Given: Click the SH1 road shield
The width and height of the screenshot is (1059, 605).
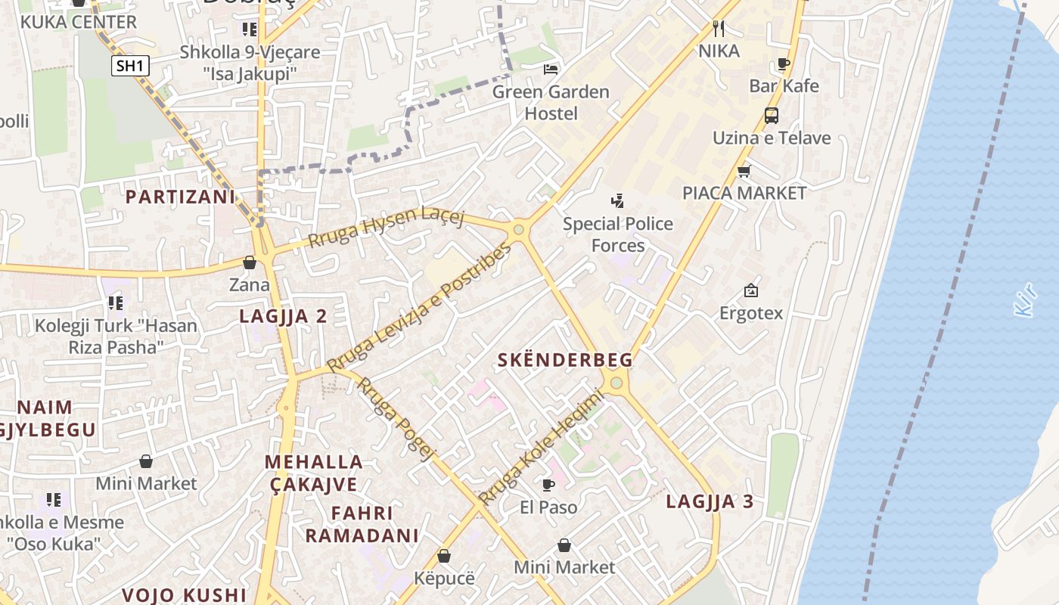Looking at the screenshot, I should [130, 66].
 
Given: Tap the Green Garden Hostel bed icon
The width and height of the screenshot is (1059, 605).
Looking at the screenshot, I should [551, 70].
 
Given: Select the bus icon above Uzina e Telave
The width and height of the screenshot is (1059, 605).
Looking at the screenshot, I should [771, 116].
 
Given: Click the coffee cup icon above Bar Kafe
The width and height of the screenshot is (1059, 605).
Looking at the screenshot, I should [784, 64].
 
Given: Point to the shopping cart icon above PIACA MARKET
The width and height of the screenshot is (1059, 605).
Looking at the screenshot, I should [744, 172].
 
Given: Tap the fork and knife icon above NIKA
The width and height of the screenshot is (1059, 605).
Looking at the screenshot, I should [719, 29].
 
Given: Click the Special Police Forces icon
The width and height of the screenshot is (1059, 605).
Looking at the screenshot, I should [618, 201].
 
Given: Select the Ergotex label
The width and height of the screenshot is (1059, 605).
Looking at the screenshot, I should [750, 312].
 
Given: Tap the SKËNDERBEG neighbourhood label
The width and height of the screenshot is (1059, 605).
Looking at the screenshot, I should [564, 361].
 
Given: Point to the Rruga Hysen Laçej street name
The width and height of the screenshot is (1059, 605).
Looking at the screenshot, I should [386, 226].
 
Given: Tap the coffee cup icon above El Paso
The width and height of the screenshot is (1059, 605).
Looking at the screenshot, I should [548, 485].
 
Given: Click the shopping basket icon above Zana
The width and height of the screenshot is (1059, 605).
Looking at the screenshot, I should [249, 263].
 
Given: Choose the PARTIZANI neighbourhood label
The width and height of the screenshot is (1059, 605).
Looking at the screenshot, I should [180, 197].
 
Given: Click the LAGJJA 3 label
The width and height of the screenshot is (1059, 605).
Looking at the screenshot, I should [710, 501].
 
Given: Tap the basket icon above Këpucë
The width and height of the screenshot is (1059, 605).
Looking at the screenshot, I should [444, 556].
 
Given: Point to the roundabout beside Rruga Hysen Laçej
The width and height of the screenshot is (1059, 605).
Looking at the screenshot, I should [519, 230].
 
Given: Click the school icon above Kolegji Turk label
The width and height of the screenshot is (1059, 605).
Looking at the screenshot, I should [115, 303].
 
